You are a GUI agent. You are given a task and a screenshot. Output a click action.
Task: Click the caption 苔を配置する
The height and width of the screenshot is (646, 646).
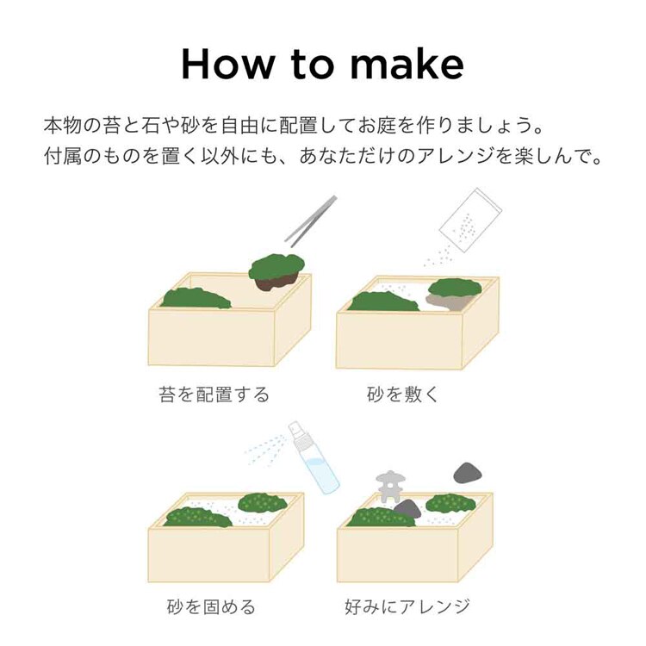214,394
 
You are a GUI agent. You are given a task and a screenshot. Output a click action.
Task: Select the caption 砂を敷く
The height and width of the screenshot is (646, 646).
403,394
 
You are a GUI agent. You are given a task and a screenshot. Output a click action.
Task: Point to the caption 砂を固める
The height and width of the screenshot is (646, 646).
211,607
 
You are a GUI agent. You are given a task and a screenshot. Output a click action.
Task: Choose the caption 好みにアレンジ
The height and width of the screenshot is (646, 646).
407,607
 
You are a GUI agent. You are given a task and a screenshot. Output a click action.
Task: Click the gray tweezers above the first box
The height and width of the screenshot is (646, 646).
311,221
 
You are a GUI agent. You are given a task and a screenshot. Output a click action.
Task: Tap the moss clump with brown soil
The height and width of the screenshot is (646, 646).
276,272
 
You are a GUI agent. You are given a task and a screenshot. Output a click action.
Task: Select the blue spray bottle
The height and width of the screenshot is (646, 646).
314,457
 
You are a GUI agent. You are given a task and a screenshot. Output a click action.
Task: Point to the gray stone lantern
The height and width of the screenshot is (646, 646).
389,487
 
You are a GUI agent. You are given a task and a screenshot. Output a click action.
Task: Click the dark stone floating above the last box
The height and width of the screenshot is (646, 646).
467,473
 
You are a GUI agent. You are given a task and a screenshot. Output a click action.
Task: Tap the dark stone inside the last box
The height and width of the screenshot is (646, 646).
407,509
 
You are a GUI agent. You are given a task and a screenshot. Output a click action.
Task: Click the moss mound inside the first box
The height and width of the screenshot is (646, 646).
196,298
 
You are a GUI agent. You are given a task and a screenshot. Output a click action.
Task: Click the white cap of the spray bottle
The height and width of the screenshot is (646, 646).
295,431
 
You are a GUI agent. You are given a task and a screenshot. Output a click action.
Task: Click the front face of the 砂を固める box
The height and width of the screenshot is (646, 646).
209,555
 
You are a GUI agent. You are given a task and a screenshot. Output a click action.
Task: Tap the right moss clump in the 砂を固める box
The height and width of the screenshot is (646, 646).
263,503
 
